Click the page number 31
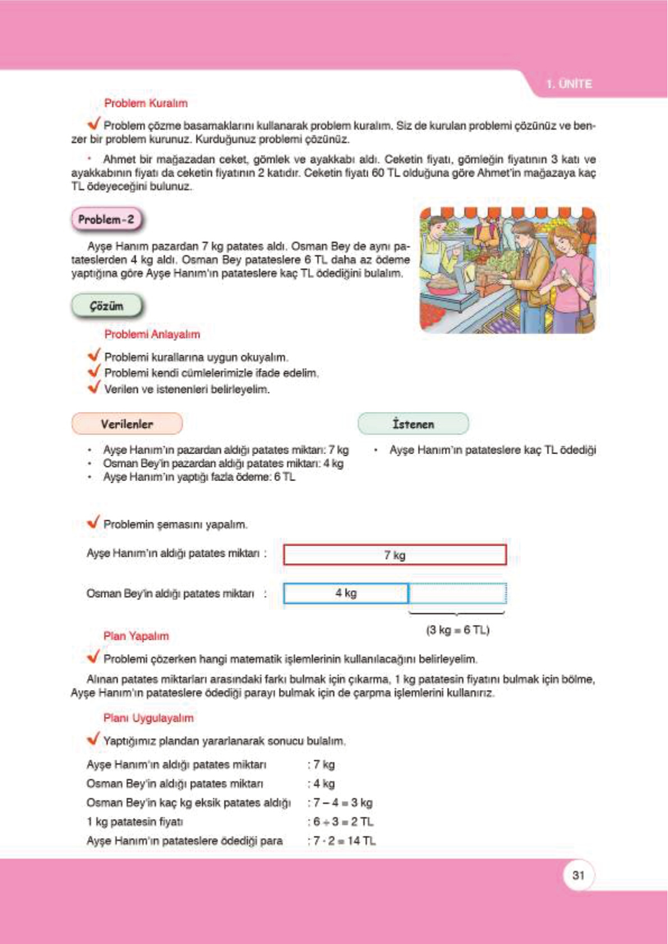click(578, 875)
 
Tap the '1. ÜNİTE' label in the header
click(569, 84)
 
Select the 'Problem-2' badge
click(106, 220)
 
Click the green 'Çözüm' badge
click(107, 306)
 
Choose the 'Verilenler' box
click(127, 424)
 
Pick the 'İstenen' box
click(413, 424)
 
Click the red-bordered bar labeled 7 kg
click(394, 555)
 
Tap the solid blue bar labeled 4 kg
click(345, 593)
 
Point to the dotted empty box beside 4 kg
click(457, 593)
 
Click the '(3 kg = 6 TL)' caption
click(458, 630)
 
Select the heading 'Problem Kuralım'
click(146, 103)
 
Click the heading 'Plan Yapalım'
click(136, 636)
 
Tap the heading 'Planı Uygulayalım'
click(148, 718)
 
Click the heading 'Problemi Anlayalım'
click(152, 334)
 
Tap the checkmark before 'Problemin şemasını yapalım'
click(94, 522)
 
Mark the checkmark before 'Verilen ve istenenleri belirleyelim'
click(94, 387)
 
